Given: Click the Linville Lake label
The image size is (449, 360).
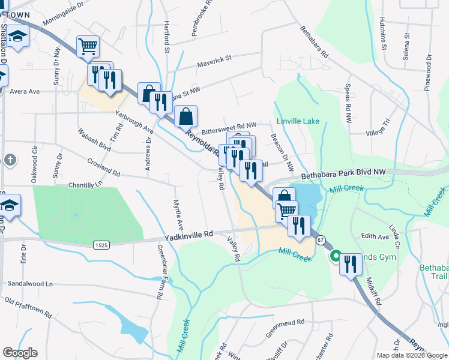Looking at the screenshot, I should (298, 122).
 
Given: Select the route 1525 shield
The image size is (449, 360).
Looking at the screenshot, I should (101, 244).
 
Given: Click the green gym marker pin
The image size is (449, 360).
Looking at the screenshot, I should (336, 255).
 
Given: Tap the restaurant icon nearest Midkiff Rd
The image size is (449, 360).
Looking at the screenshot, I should (351, 264).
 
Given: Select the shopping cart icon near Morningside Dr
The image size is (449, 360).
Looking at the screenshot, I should (88, 46).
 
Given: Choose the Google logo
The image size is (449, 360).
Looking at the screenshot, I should (20, 353).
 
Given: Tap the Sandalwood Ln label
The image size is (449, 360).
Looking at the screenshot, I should (29, 283).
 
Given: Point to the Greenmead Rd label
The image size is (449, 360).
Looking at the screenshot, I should (285, 322).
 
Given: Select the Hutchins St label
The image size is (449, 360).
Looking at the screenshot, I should (382, 32).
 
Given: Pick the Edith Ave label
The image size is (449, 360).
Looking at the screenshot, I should (375, 236).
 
